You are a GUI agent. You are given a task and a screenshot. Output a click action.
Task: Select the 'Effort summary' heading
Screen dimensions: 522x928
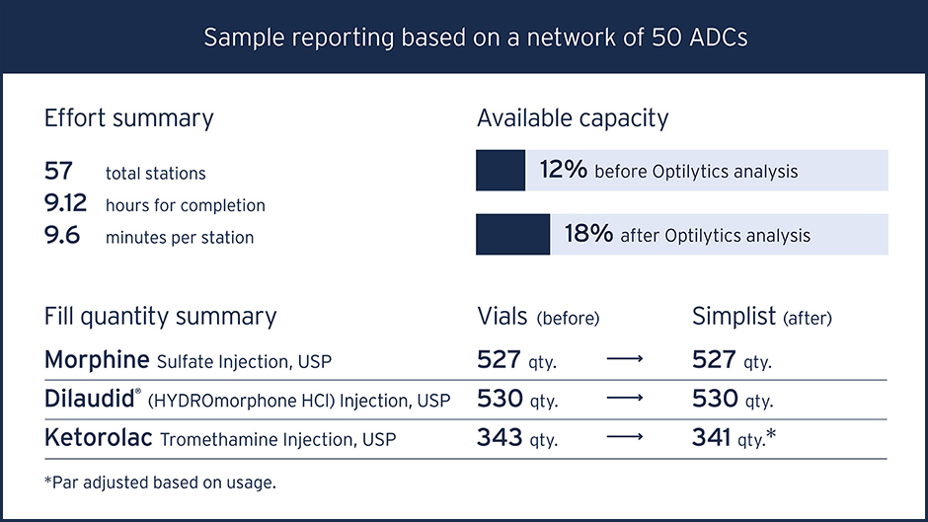128,118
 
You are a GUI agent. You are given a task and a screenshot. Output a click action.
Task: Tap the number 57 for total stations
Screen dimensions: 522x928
59,172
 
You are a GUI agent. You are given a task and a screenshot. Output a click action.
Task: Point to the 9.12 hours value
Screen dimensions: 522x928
66,204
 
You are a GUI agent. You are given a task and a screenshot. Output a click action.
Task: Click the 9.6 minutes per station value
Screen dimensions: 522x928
62,237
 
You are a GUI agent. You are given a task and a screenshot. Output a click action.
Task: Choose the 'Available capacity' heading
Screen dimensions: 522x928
573,118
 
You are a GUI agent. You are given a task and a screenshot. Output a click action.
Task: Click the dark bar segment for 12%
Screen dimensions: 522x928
501,171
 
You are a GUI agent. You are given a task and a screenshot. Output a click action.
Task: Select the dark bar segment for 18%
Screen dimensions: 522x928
512,235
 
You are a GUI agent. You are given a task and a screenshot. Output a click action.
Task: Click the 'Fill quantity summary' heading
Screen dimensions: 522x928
160,317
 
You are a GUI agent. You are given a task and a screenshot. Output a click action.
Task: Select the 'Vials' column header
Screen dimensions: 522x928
503,317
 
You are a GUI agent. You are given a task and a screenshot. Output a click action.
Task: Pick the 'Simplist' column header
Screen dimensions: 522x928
734,317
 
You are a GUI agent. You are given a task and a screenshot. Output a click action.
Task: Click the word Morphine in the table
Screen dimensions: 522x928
97,359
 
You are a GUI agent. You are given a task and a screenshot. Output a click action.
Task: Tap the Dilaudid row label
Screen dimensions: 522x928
91,399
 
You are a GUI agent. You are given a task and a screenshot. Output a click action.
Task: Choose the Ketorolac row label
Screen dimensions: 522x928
98,438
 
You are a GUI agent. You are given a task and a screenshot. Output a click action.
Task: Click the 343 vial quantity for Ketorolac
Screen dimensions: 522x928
500,438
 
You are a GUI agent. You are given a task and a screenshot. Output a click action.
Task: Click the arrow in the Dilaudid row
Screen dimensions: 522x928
625,400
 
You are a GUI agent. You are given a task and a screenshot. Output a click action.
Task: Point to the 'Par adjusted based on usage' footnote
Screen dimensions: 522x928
160,483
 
